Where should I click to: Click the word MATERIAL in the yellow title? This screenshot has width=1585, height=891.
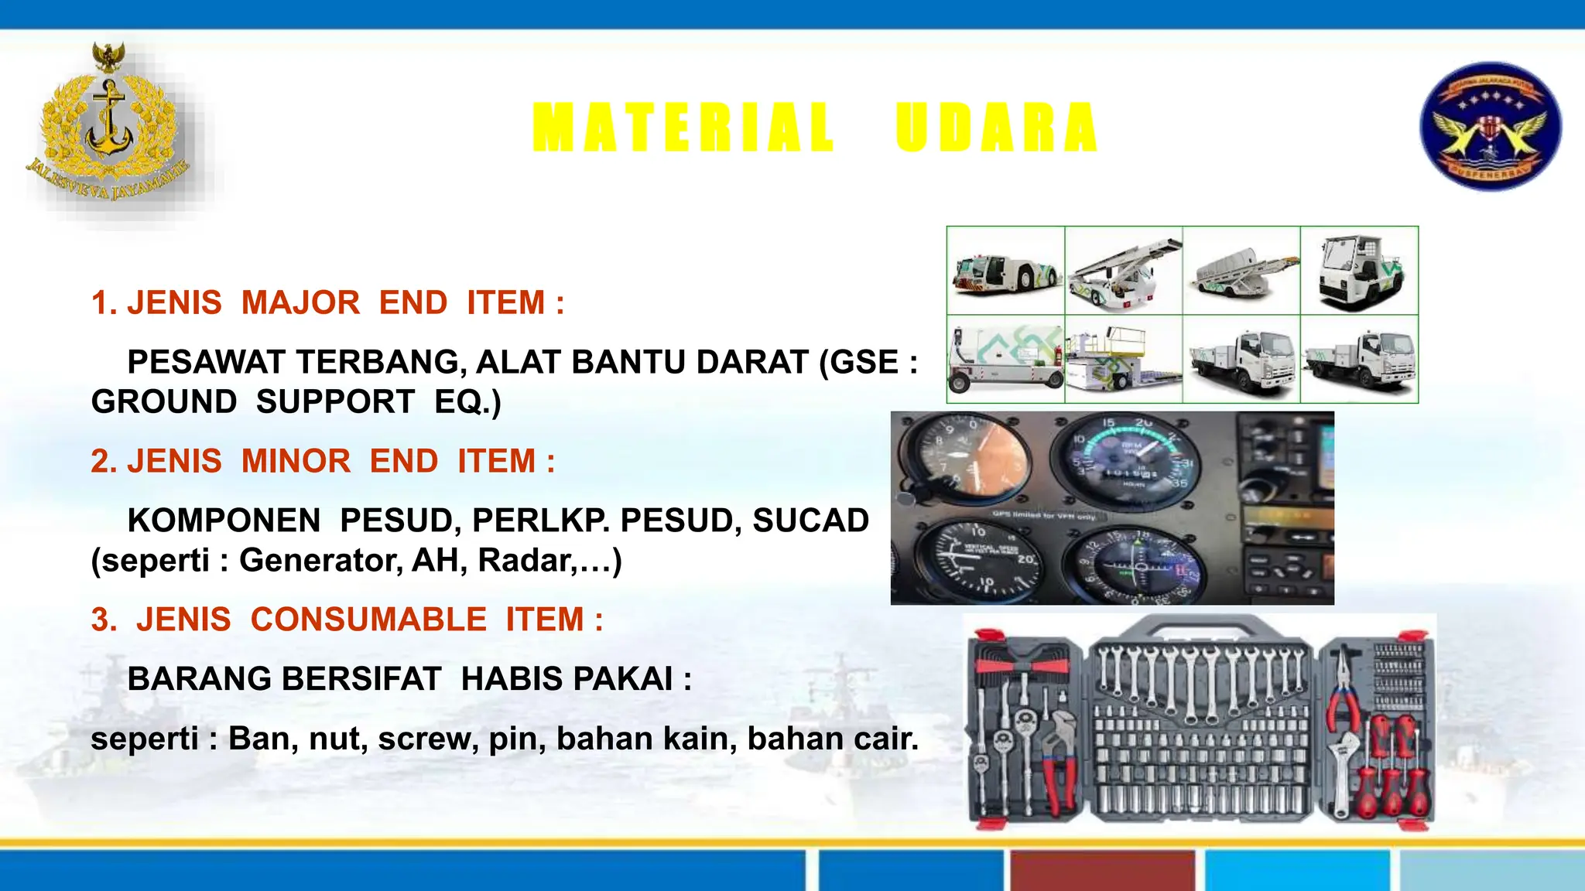683,128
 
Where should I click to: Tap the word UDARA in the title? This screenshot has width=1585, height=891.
997,128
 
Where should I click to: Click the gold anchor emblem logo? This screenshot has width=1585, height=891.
108,128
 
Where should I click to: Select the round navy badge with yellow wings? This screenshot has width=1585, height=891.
1490,126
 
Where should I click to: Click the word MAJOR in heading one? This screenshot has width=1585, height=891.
300,302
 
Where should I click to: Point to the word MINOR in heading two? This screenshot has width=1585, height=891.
296,461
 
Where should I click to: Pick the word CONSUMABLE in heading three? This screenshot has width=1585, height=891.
368,620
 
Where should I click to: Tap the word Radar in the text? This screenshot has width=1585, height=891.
525,560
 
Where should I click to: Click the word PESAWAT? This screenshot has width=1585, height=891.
207,362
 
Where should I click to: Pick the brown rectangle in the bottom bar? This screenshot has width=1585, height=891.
1103,871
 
